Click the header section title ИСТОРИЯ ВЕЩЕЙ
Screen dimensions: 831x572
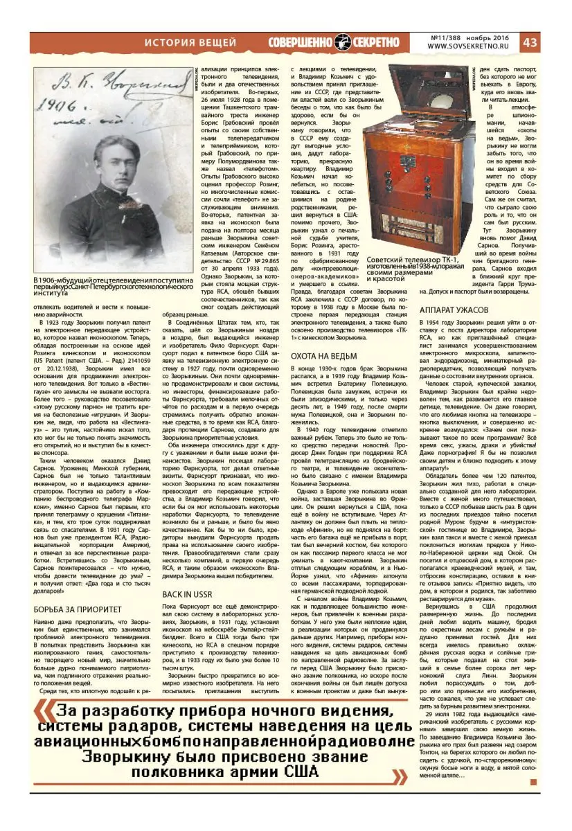pyautogui.click(x=190, y=42)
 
